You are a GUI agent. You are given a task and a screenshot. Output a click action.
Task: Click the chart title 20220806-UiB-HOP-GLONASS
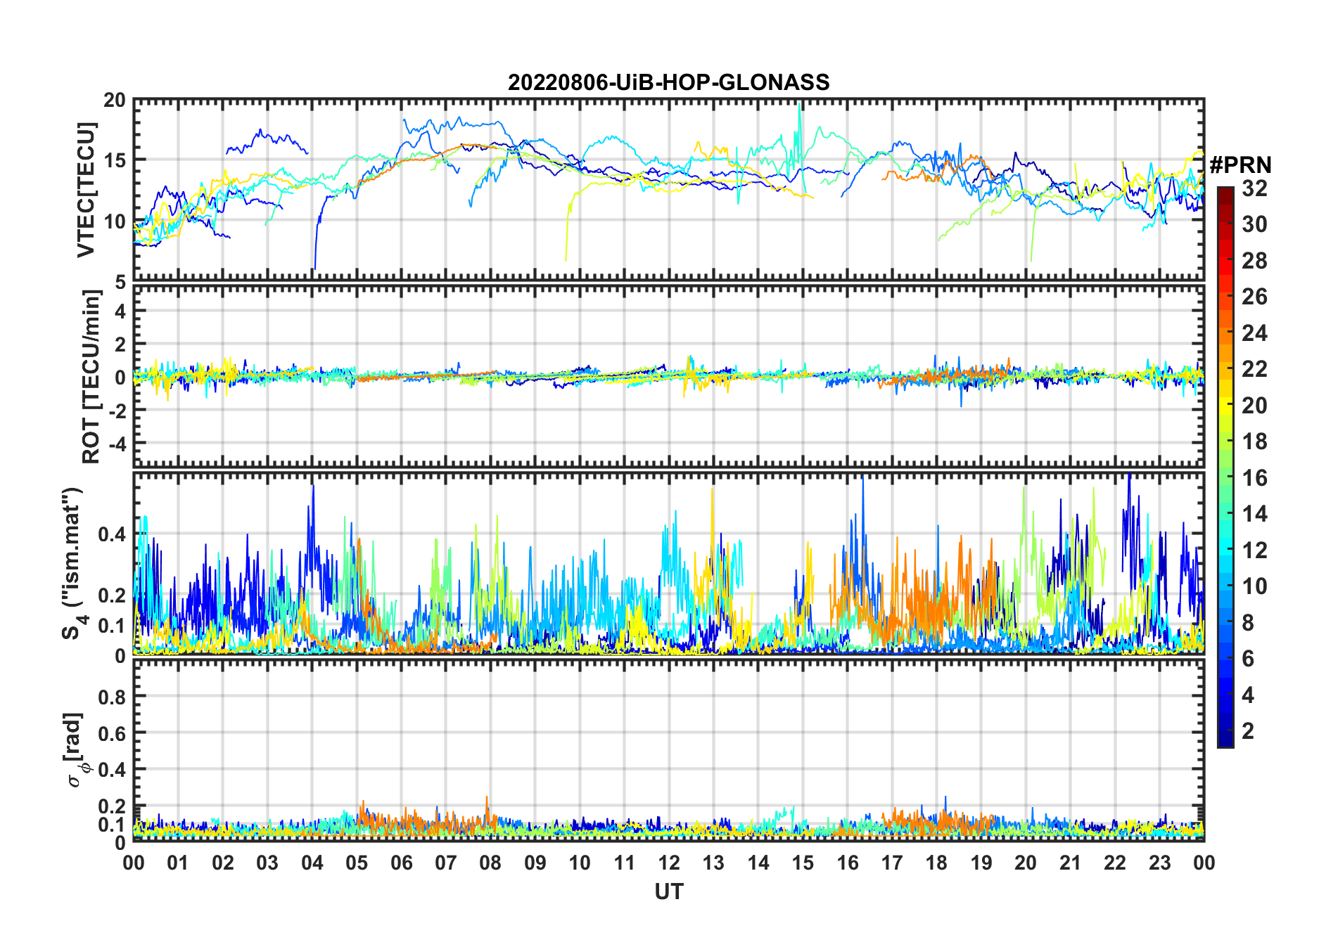pyautogui.click(x=668, y=83)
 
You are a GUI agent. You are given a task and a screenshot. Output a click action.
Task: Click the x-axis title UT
pyautogui.click(x=668, y=891)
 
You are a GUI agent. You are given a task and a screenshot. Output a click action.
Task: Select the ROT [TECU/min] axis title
pyautogui.click(x=91, y=376)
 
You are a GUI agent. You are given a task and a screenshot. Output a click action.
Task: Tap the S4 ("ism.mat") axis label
pyautogui.click(x=73, y=564)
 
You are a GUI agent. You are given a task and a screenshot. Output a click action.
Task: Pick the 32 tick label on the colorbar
pyautogui.click(x=1254, y=188)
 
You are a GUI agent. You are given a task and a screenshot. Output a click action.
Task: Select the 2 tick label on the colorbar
pyautogui.click(x=1248, y=731)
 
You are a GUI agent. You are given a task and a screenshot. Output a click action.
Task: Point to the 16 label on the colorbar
pyautogui.click(x=1254, y=478)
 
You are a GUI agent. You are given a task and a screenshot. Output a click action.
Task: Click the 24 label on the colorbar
pyautogui.click(x=1254, y=333)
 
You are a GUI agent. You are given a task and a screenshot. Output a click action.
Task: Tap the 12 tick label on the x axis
pyautogui.click(x=668, y=863)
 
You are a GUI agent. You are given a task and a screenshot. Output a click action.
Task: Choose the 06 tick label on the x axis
pyautogui.click(x=401, y=863)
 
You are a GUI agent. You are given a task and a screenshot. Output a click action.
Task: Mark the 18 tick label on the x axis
pyautogui.click(x=936, y=863)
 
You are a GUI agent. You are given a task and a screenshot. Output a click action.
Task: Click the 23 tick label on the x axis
pyautogui.click(x=1159, y=863)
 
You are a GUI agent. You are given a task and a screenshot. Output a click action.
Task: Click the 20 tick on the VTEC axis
pyautogui.click(x=114, y=101)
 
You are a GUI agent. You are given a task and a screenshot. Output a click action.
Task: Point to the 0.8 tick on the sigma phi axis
pyautogui.click(x=112, y=697)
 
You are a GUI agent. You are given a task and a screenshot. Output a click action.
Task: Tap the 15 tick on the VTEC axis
pyautogui.click(x=114, y=161)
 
